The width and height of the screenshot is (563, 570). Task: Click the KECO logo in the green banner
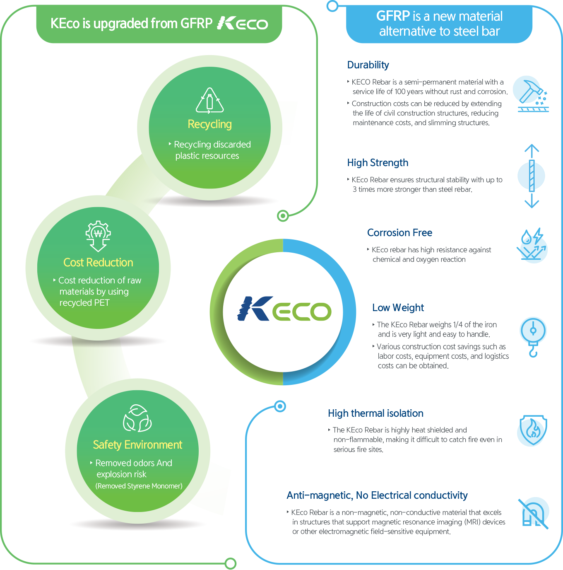tap(243, 23)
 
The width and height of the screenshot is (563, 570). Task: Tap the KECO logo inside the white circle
tap(284, 309)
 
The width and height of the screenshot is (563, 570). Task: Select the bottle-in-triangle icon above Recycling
tap(210, 101)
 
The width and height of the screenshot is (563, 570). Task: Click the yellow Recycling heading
tap(209, 124)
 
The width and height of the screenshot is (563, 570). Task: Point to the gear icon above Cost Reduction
tap(98, 235)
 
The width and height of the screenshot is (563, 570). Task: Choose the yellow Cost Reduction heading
tap(98, 263)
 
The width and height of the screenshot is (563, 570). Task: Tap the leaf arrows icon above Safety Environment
tap(137, 419)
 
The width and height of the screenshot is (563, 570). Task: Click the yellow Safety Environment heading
tap(137, 445)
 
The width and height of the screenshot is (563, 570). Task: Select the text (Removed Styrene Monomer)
tap(139, 486)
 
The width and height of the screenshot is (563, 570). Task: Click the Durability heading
tap(368, 65)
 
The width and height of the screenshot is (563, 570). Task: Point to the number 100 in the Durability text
tap(400, 92)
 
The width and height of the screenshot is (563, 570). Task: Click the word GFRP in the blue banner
tap(393, 16)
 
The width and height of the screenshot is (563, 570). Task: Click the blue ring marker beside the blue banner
tap(332, 6)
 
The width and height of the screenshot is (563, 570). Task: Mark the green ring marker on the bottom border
tap(231, 563)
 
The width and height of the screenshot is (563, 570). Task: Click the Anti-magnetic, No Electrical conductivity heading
tap(377, 495)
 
